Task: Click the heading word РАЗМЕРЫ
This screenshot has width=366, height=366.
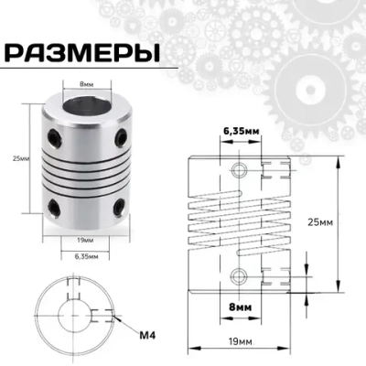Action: pos(81,51)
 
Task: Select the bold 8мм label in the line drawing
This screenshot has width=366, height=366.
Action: pos(241,308)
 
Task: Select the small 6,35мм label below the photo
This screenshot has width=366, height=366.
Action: pos(88,258)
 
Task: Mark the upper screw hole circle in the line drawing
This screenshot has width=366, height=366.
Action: pos(241,170)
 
